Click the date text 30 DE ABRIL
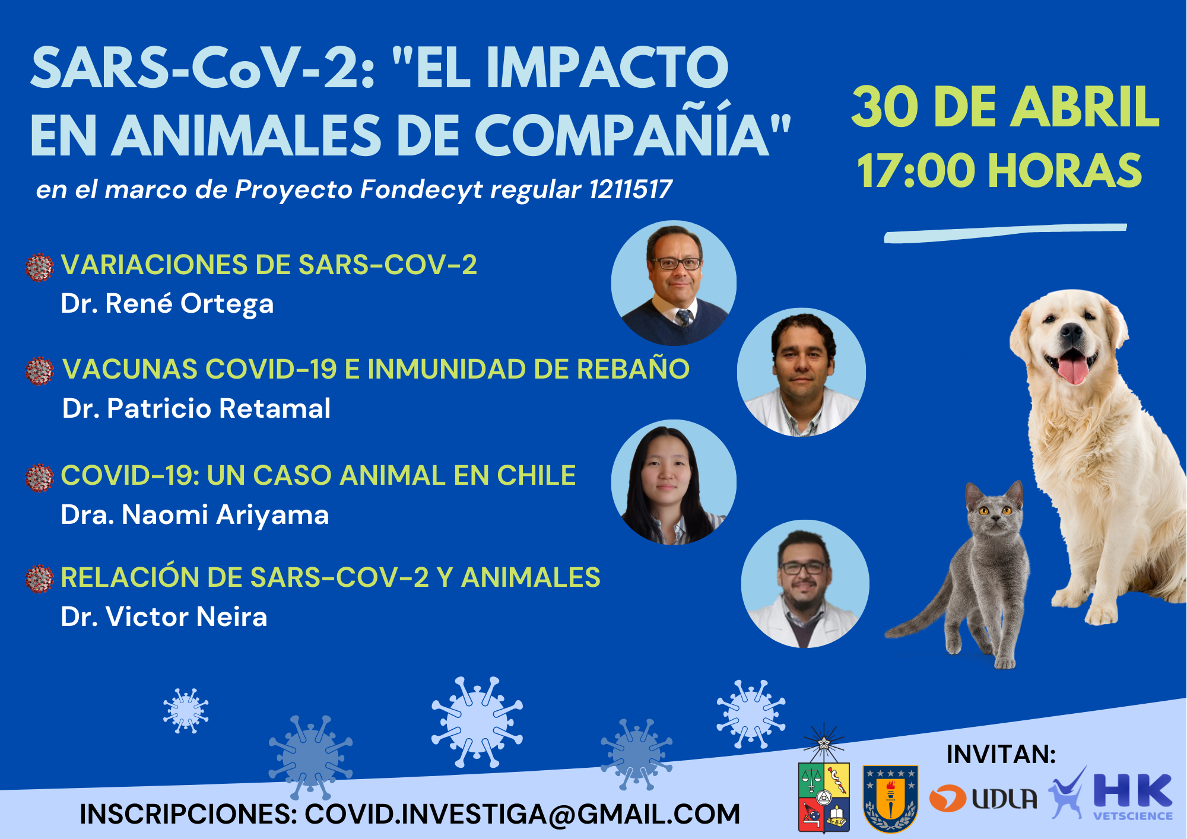pos(1005,107)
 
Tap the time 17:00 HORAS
pos(999,171)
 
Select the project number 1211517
pos(630,190)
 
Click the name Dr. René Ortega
pos(167,304)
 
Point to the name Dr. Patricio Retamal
pos(196,408)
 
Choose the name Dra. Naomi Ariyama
pos(195,515)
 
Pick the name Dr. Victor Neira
pos(164,617)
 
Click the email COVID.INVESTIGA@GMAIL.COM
pos(522,814)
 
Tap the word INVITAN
pos(1001,754)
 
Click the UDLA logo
pos(983,799)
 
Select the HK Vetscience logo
pos(1111,795)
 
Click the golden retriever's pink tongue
pos(1073,368)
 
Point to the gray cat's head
pos(995,507)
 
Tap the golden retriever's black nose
pos(1071,330)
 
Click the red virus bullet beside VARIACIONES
pos(40,267)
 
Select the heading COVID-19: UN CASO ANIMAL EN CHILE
pos(318,475)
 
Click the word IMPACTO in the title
pos(607,68)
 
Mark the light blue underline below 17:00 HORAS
pos(1005,233)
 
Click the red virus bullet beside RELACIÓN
pos(40,579)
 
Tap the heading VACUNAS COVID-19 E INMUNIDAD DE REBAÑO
pos(376,369)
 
